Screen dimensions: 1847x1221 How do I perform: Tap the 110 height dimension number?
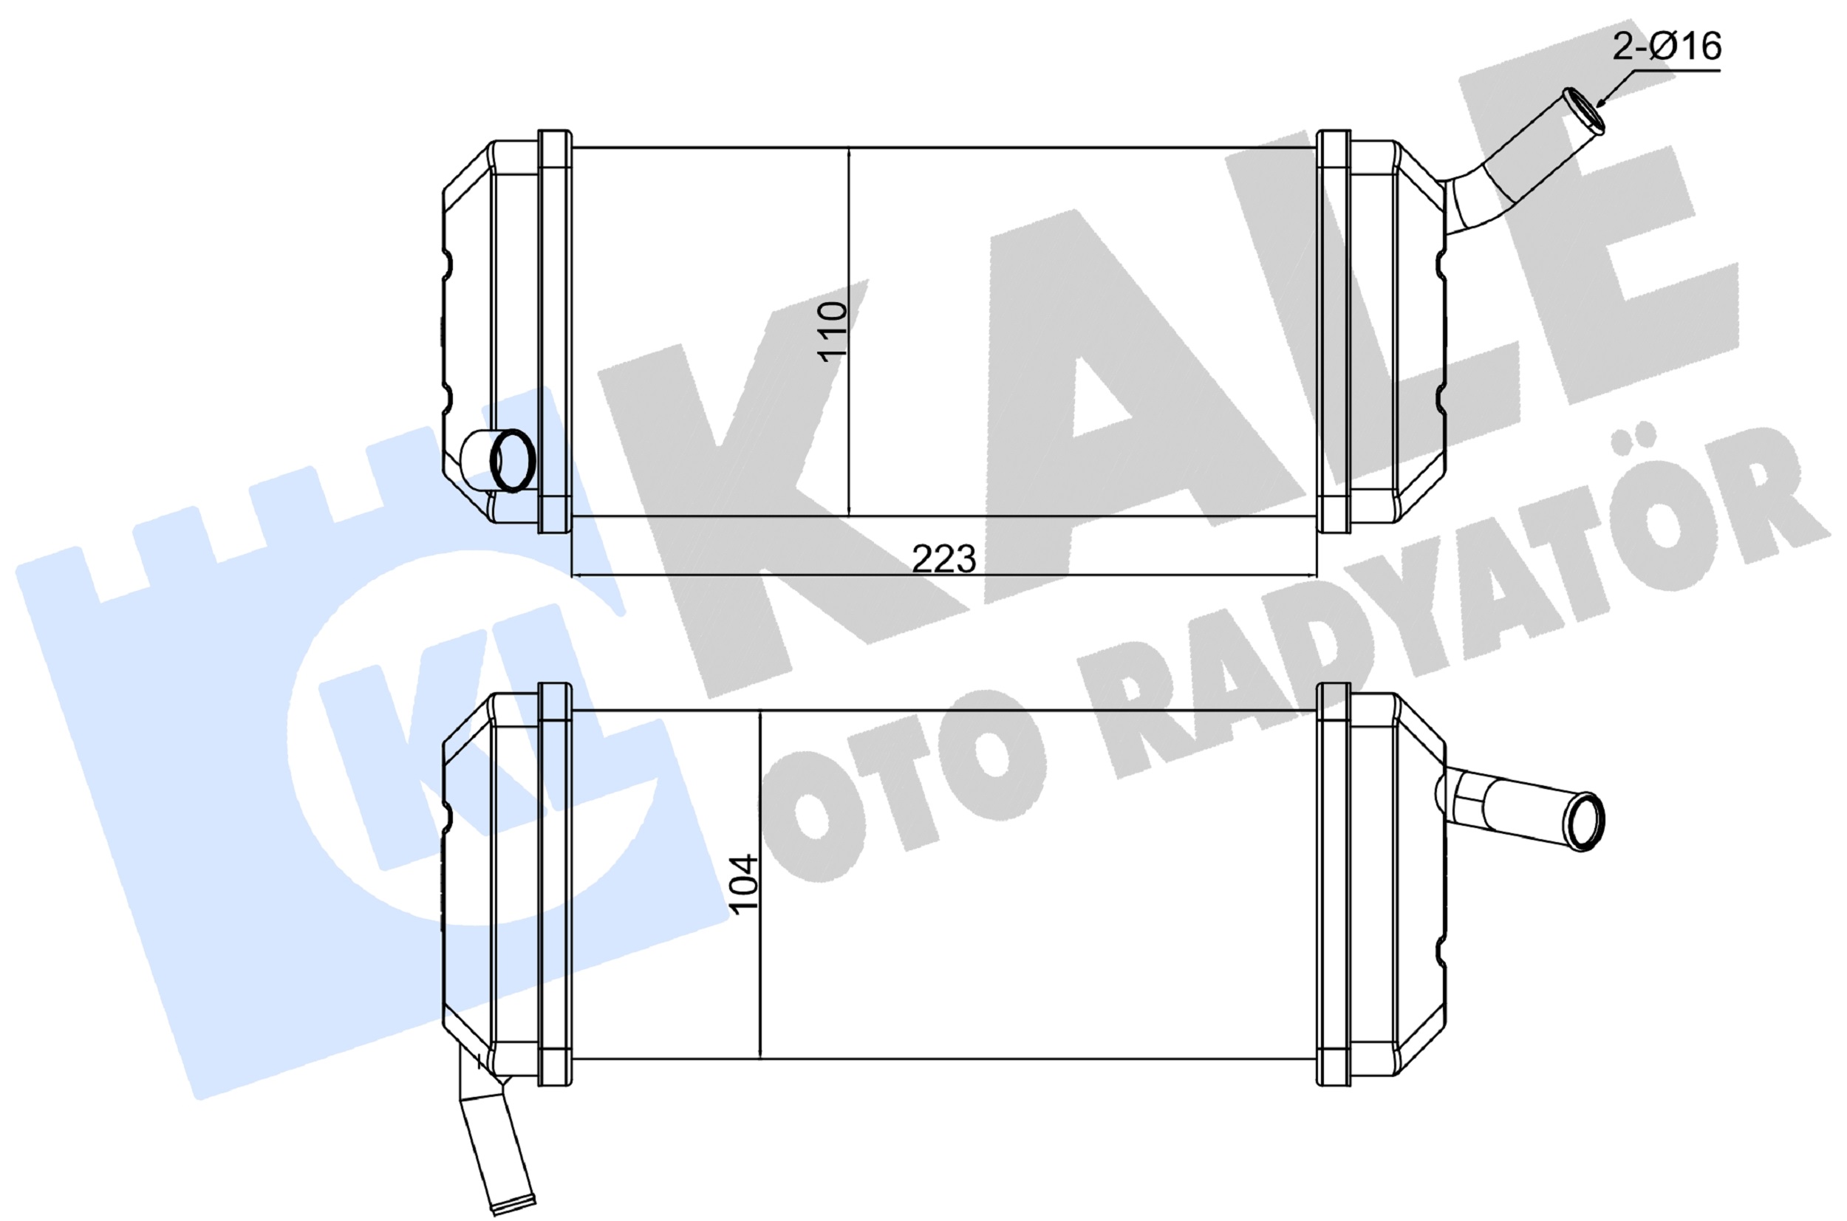(x=832, y=331)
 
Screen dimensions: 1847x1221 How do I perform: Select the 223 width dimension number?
(x=943, y=558)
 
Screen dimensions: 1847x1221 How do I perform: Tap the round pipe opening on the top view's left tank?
(x=513, y=460)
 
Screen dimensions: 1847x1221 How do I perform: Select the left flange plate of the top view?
(x=554, y=331)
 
